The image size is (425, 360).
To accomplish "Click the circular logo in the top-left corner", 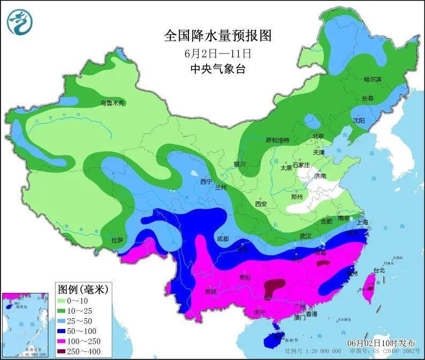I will click(20, 21).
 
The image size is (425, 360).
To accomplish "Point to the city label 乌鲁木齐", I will click(112, 102).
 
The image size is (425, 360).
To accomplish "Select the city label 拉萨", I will click(117, 240).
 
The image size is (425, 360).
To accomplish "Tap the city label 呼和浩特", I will click(277, 140).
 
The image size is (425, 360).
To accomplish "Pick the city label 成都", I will click(223, 238).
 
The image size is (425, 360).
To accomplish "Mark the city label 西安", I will click(260, 204).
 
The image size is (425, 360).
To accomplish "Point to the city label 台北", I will click(379, 271).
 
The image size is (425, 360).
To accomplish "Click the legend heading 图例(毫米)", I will click(83, 289).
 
